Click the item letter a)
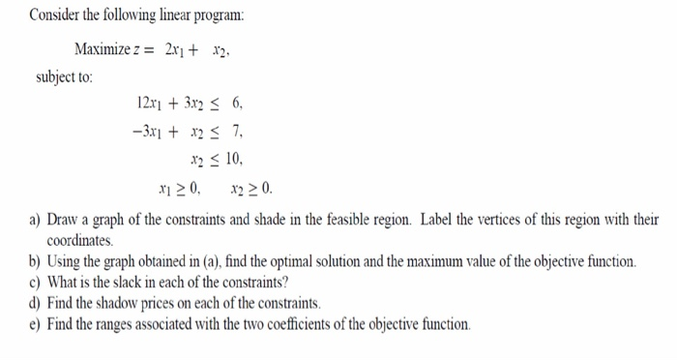(x=35, y=219)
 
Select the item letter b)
(x=35, y=261)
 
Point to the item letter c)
(x=35, y=283)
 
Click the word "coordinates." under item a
(x=80, y=239)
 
